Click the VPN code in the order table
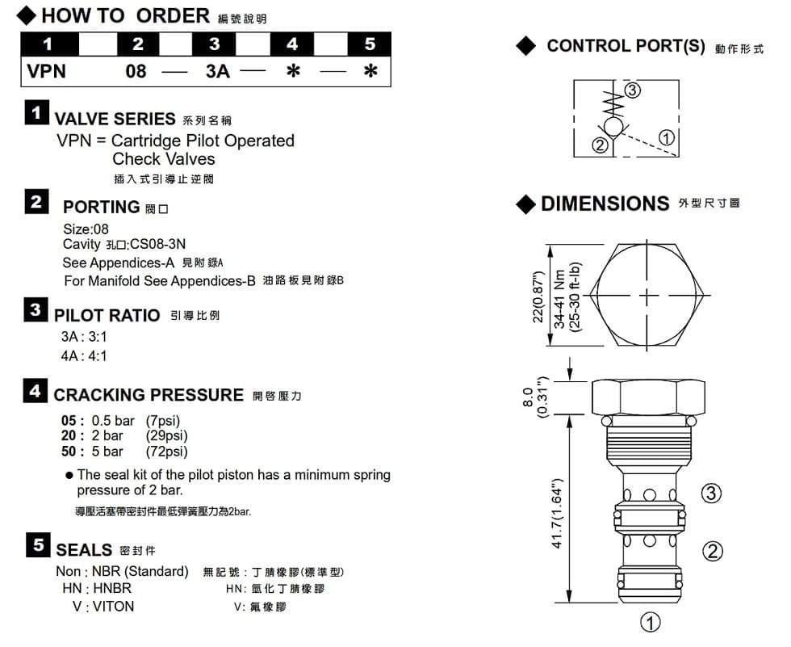click(x=47, y=71)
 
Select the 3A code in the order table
click(x=218, y=71)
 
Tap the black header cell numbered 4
click(x=292, y=44)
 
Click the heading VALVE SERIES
click(x=114, y=119)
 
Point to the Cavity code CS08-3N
click(x=157, y=244)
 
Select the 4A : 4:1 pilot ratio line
click(x=84, y=356)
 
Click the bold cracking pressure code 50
click(x=70, y=452)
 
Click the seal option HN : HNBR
click(x=97, y=589)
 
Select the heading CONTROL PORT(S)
click(x=626, y=46)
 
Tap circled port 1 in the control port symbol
click(x=668, y=137)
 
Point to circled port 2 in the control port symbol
click(x=600, y=145)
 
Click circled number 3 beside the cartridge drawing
click(x=710, y=493)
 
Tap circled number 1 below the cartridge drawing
click(x=651, y=622)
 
